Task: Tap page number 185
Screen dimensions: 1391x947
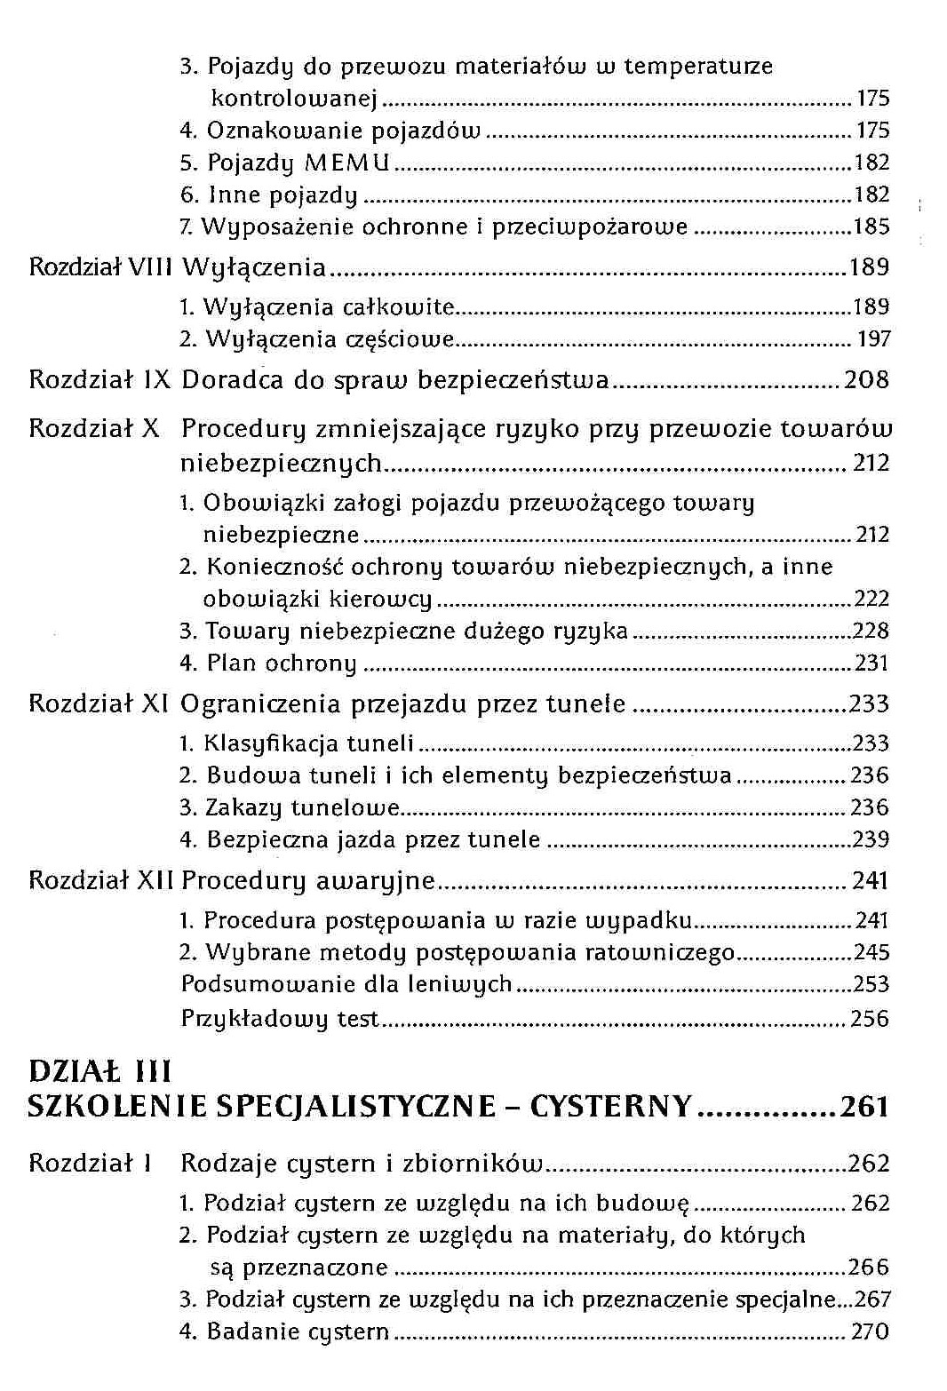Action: click(x=871, y=227)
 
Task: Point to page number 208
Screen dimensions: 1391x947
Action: click(x=866, y=381)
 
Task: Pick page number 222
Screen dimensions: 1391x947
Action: click(x=871, y=600)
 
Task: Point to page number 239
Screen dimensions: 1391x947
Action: click(x=871, y=840)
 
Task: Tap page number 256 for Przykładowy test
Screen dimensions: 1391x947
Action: click(x=870, y=1019)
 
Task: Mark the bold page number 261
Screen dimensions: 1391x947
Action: click(x=864, y=1107)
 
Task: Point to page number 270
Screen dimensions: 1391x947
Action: click(x=870, y=1332)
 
